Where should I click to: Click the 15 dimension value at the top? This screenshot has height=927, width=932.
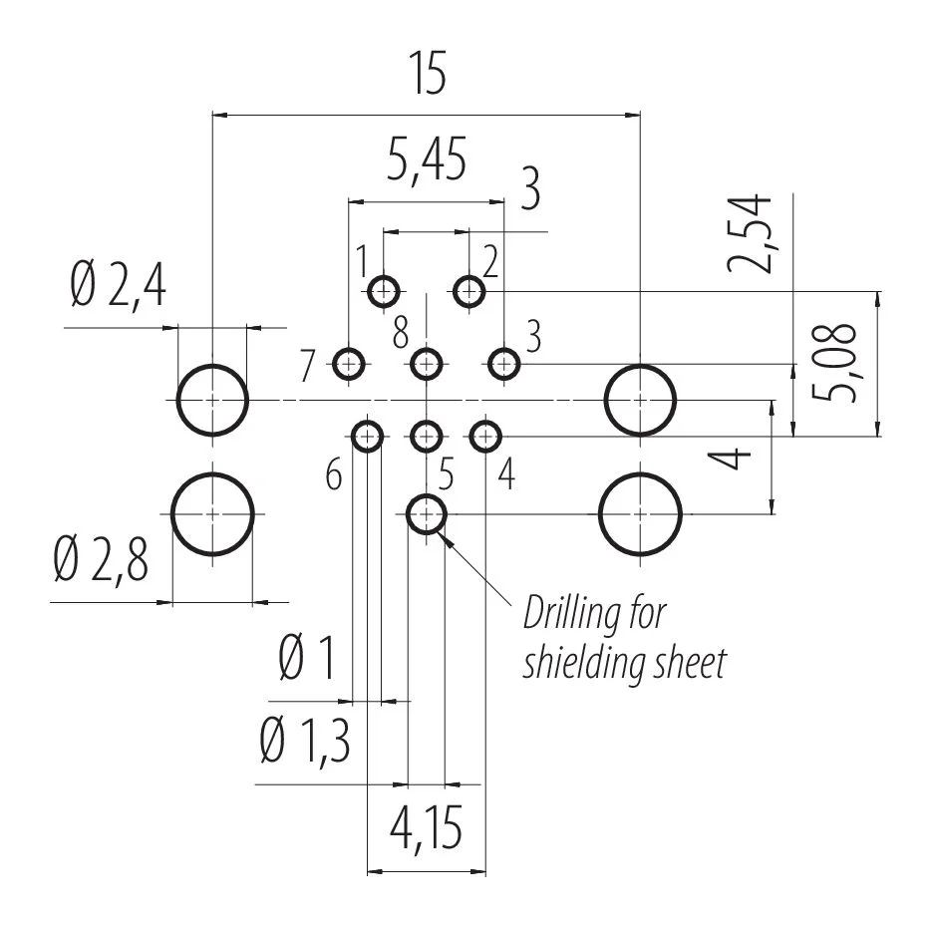pos(428,74)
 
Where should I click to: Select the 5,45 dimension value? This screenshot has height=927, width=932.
pos(427,159)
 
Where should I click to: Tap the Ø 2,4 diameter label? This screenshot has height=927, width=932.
pos(118,286)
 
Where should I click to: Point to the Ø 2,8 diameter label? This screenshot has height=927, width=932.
pos(101,559)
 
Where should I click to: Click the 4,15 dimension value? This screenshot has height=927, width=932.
pos(427,827)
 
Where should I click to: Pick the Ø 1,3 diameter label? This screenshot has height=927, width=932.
pos(305,741)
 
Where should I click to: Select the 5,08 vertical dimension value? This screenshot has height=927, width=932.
pos(833,363)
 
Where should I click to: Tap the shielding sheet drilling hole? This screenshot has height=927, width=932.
pos(427,495)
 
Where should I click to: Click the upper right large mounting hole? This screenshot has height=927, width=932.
pos(640,366)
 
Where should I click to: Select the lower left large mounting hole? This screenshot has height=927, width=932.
pos(212,473)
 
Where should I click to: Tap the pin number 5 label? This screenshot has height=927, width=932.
pos(447,474)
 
